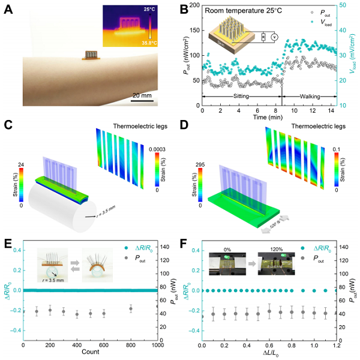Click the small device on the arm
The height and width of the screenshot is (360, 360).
(90, 55)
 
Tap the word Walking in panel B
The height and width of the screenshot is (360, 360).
(306, 95)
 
